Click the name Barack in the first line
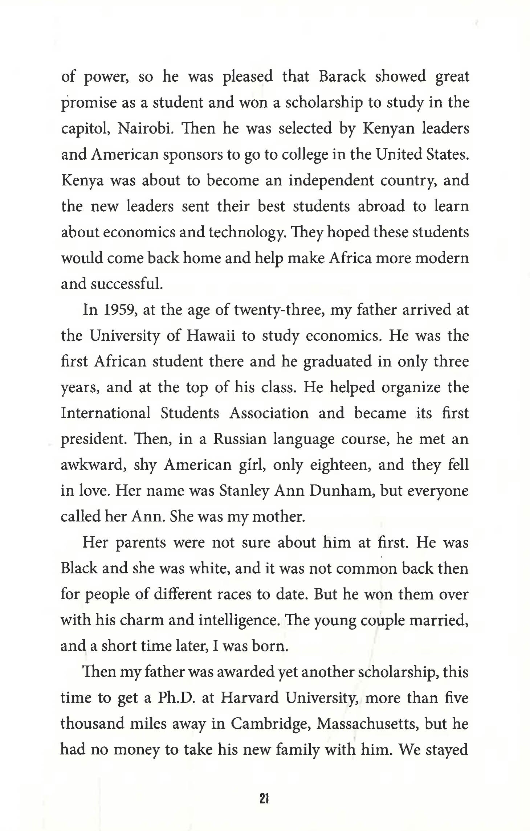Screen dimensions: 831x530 (342, 77)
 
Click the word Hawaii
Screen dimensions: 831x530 (211, 336)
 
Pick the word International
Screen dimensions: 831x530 (105, 413)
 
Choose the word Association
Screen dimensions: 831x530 (269, 413)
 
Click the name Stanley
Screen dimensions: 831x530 (244, 491)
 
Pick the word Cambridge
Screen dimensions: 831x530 (270, 724)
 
